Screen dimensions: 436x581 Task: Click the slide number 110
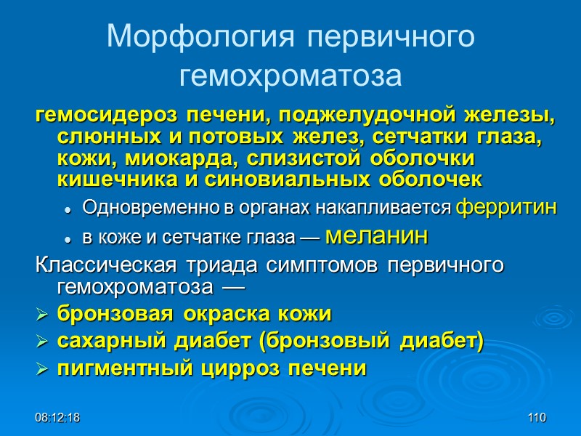point(537,418)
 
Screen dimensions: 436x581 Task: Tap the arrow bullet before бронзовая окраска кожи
point(43,315)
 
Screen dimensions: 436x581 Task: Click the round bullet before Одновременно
point(68,209)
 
